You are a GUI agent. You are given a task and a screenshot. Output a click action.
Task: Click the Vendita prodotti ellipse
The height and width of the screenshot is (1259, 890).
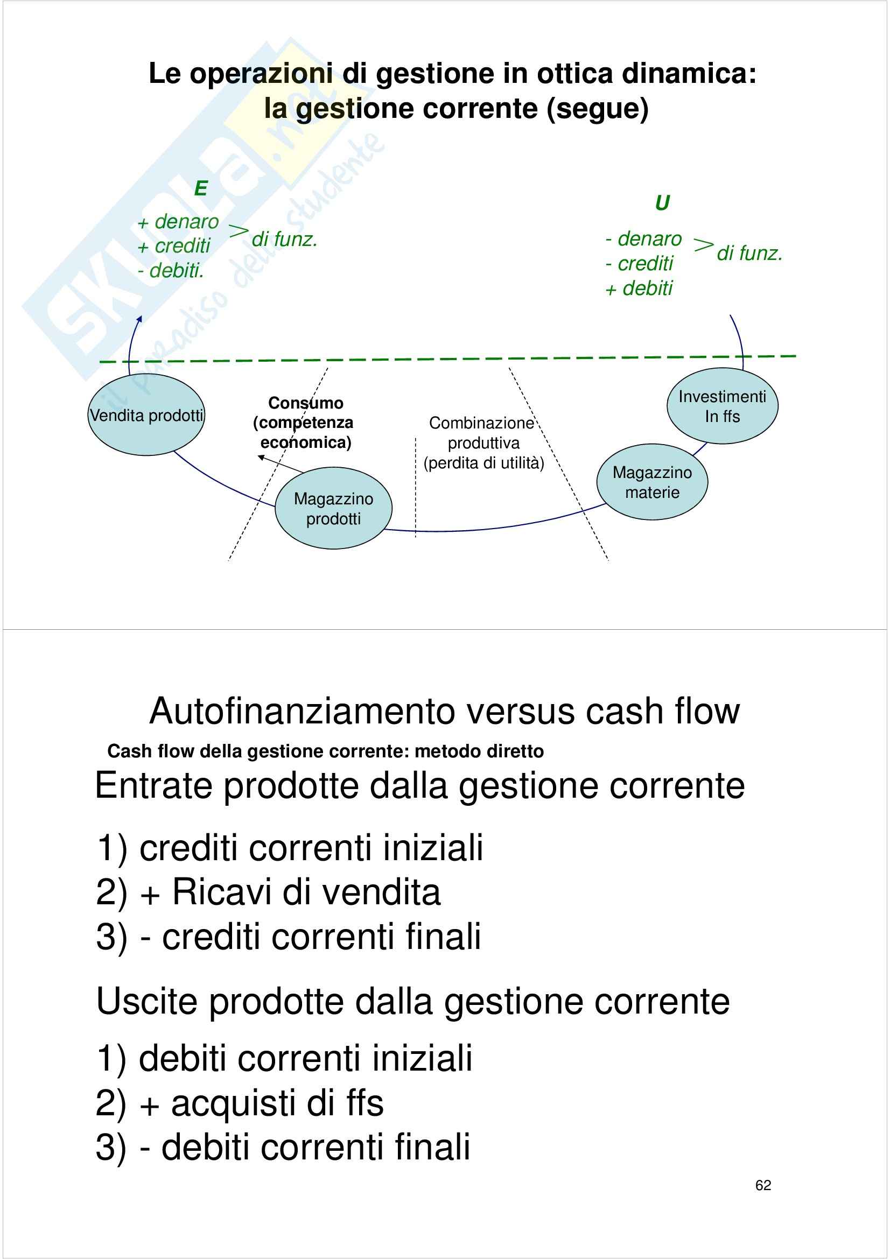click(146, 415)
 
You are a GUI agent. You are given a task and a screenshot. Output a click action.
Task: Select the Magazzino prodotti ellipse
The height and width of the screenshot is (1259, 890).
click(333, 508)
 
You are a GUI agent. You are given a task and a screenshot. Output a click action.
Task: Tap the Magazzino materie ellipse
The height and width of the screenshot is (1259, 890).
click(652, 482)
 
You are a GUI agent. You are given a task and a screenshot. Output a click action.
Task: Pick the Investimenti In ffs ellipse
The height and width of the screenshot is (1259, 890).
click(722, 406)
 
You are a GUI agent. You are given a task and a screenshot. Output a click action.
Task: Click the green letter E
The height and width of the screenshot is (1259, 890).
click(201, 188)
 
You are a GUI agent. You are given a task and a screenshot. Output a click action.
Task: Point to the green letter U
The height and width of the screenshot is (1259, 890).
click(662, 203)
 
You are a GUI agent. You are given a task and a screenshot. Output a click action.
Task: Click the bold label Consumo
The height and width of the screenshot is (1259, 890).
click(305, 403)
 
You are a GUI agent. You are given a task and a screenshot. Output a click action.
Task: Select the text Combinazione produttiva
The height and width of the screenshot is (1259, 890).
click(482, 433)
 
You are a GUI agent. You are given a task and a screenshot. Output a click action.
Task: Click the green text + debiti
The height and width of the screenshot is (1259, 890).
click(639, 288)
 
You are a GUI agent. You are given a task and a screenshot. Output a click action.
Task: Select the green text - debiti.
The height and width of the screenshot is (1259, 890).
click(171, 270)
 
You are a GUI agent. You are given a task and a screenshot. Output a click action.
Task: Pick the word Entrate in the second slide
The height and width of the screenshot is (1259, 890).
click(153, 786)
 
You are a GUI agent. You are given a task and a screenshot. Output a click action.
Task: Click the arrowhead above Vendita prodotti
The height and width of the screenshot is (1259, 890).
click(140, 319)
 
